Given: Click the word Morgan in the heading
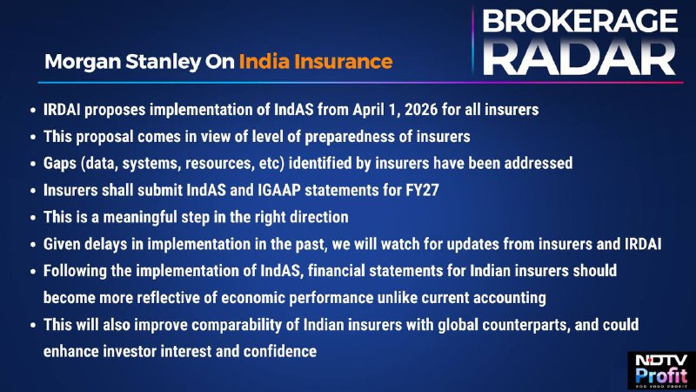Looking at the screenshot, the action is coord(83,62).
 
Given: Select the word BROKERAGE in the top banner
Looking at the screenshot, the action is coord(579,21).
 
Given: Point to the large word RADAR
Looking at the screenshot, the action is coord(579,57).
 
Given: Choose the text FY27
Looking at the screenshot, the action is coord(422,190).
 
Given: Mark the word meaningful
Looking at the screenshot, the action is coord(140,217).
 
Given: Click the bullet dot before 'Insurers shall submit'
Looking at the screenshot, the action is coord(33,191).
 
